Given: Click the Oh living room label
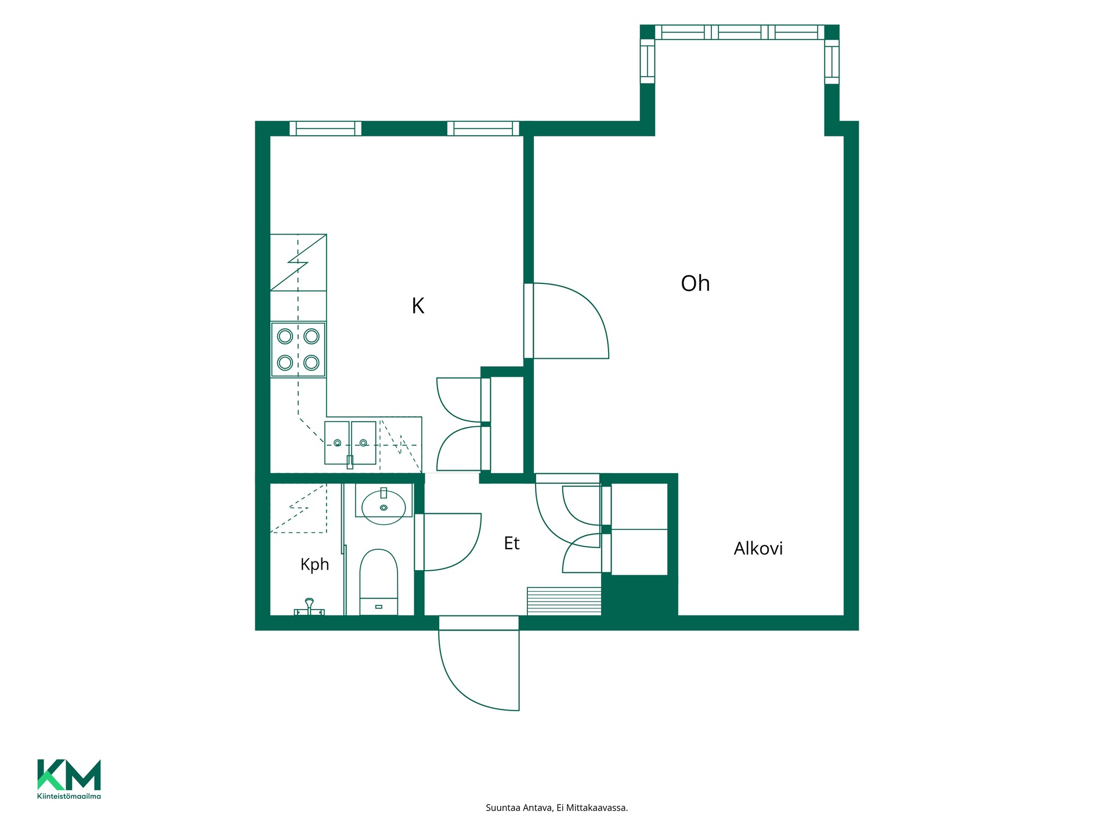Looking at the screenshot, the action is pos(695,283).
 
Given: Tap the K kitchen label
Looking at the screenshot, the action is pos(418,305).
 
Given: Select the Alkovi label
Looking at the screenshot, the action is pos(758,548).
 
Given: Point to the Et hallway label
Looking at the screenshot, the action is pos(511,543).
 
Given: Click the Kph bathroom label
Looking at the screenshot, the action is pos(314,564).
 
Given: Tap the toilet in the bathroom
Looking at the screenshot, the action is pos(379,582).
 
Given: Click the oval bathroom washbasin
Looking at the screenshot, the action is pos(384,507).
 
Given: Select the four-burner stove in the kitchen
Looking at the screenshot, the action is pos(298,349).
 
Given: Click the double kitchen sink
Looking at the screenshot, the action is pos(350,443).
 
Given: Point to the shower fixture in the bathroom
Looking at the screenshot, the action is pos(309,607).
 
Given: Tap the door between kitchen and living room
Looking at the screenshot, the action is pos(566,320).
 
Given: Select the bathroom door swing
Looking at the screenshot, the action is pos(448,542).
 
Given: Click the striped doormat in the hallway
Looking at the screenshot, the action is pos(564,601).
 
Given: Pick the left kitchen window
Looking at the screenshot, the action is pos(325,128).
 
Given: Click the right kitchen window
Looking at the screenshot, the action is pos(483,128).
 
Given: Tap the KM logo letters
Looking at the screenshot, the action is pos(69,774).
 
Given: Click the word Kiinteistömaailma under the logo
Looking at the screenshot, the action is pos(69,796).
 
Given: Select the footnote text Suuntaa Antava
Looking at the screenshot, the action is pos(519,808).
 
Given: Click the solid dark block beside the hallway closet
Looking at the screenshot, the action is pos(639,596).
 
